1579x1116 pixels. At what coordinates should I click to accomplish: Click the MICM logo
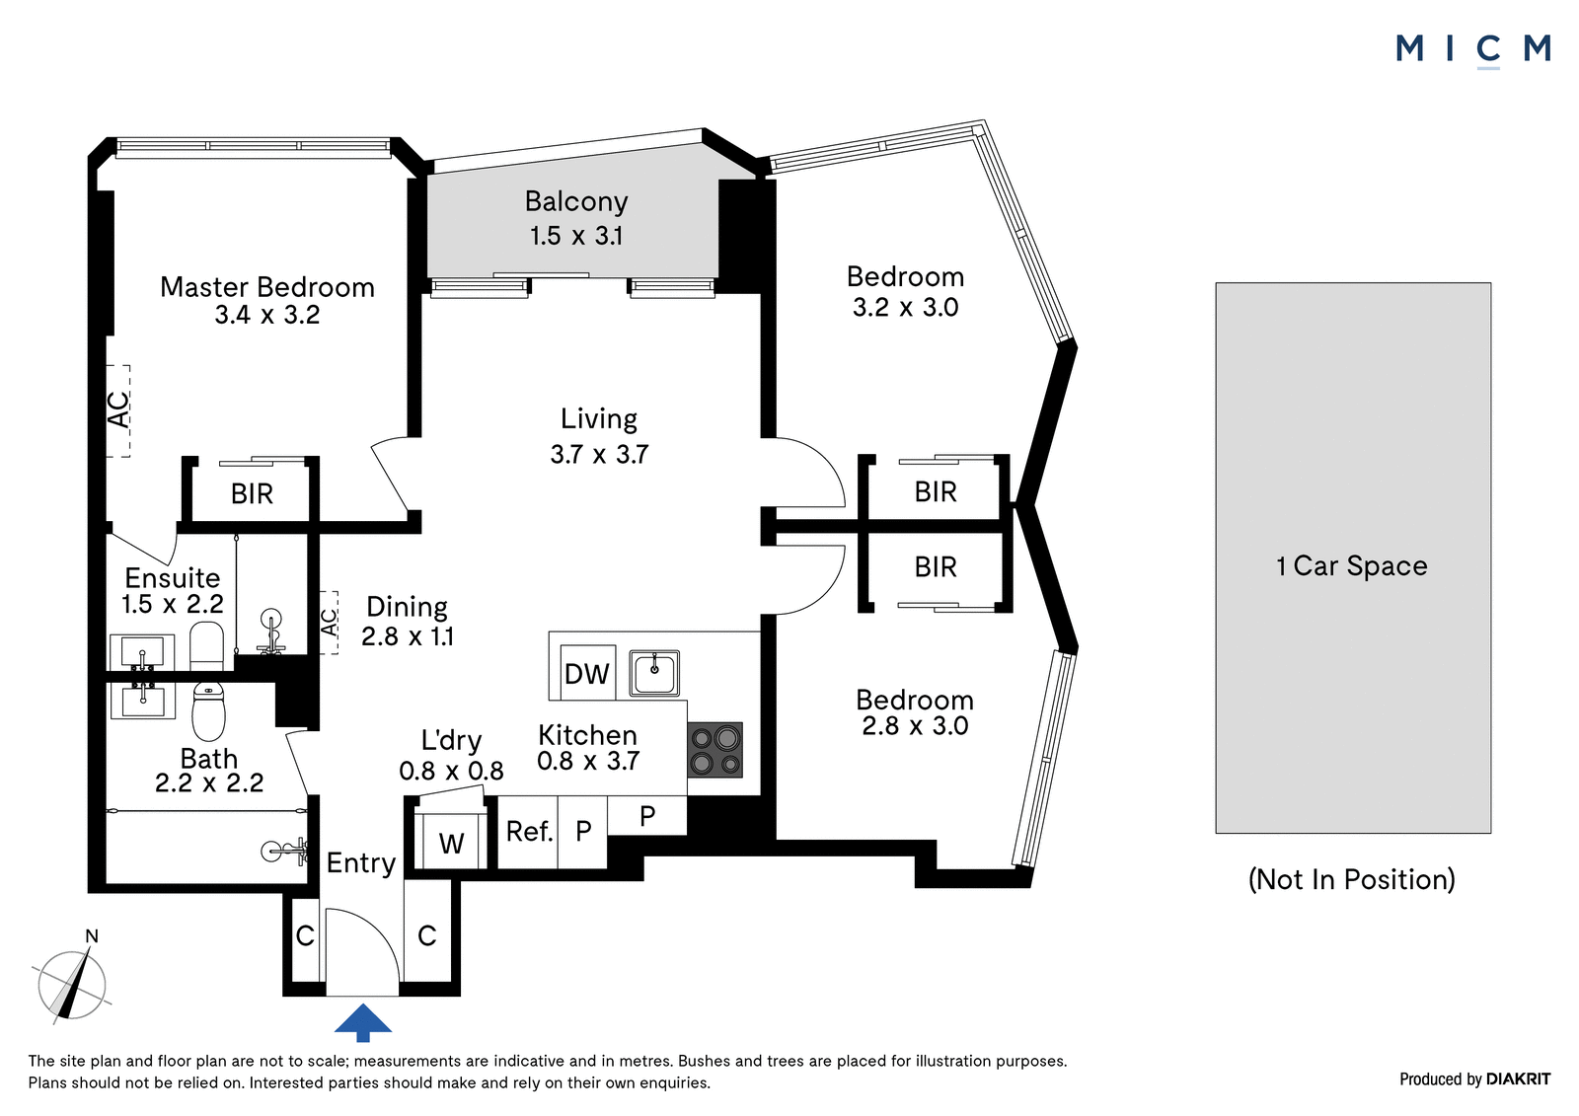coord(1473,50)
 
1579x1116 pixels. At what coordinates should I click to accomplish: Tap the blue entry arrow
coord(362,1022)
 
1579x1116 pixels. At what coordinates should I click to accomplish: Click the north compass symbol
coord(72,979)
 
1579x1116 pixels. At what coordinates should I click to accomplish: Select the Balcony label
coord(576,201)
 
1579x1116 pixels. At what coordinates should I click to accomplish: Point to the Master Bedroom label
coord(267,287)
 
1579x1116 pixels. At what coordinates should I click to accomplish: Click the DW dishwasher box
coord(586,673)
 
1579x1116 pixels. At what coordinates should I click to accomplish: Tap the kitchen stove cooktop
coord(714,749)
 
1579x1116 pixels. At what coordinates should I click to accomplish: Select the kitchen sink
coord(654,673)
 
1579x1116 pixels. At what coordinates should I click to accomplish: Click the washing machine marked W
coord(451,841)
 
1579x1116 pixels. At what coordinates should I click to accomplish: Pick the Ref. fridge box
coord(528,832)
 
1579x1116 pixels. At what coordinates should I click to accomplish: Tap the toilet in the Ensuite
coord(206,645)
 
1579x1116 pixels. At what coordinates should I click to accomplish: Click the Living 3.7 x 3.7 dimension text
coord(599,454)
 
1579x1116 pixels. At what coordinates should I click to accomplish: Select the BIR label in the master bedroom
coord(252,493)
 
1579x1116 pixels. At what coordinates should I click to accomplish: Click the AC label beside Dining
coord(329,623)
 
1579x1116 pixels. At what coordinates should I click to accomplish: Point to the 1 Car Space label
coord(1352,566)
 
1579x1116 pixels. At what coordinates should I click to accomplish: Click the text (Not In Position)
coord(1352,879)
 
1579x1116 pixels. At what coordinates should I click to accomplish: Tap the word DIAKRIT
coord(1519,1079)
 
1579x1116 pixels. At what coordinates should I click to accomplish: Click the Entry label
coord(361,863)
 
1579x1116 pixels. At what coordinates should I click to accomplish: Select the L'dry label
coord(451,740)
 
